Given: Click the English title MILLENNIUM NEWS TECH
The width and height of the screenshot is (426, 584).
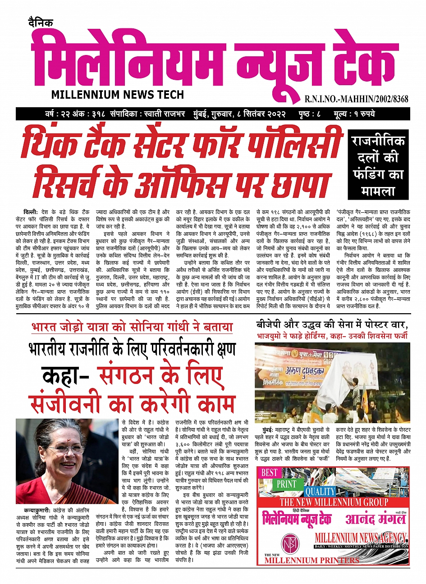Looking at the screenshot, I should [118, 95].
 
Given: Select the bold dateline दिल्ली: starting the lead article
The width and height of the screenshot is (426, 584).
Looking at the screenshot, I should [31, 212].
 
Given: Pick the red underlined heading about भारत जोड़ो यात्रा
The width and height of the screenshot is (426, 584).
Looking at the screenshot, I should [132, 327].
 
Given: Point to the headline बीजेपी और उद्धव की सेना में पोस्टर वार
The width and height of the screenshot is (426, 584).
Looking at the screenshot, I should [332, 324].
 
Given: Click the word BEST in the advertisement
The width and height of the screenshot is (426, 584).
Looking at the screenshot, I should [270, 473].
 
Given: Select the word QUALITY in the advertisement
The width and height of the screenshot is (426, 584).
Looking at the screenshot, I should [320, 491].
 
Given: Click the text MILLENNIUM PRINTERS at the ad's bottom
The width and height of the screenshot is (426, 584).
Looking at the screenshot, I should [312, 561].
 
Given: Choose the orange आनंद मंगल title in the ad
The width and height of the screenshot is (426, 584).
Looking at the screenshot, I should [376, 519].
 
